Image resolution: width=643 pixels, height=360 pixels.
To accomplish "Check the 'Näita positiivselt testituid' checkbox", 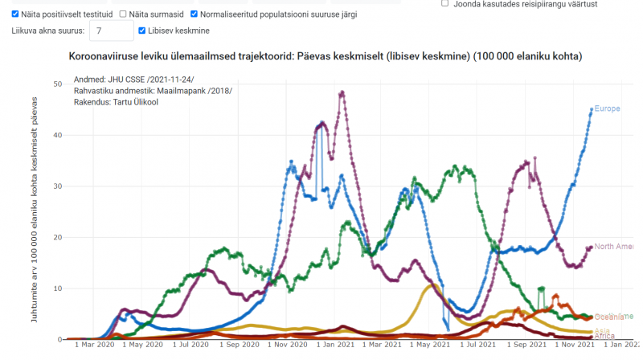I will click(15, 14).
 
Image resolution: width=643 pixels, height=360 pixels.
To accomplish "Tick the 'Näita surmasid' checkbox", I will click(123, 14).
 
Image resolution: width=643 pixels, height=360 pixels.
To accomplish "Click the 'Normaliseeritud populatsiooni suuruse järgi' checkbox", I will click(194, 14).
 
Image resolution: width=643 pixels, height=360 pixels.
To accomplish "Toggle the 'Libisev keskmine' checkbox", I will click(142, 31).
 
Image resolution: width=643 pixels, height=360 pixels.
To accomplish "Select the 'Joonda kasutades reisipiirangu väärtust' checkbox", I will click(444, 3).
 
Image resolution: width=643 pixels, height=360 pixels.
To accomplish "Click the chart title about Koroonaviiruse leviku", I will click(326, 56).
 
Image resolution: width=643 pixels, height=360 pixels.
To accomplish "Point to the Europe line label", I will click(607, 108).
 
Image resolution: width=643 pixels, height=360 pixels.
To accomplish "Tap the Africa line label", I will click(604, 336).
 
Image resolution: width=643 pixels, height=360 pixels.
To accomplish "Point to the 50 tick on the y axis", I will click(57, 84).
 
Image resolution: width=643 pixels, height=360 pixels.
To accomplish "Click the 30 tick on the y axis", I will click(57, 186).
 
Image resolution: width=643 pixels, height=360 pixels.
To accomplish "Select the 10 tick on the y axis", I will click(57, 288).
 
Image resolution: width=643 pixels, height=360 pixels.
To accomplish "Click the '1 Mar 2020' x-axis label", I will click(95, 345).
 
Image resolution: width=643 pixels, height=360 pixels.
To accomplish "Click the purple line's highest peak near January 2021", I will click(342, 92).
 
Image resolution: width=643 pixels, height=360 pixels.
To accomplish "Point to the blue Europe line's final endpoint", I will click(592, 109).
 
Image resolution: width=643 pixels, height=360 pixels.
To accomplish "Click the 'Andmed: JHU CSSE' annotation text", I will click(133, 79).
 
